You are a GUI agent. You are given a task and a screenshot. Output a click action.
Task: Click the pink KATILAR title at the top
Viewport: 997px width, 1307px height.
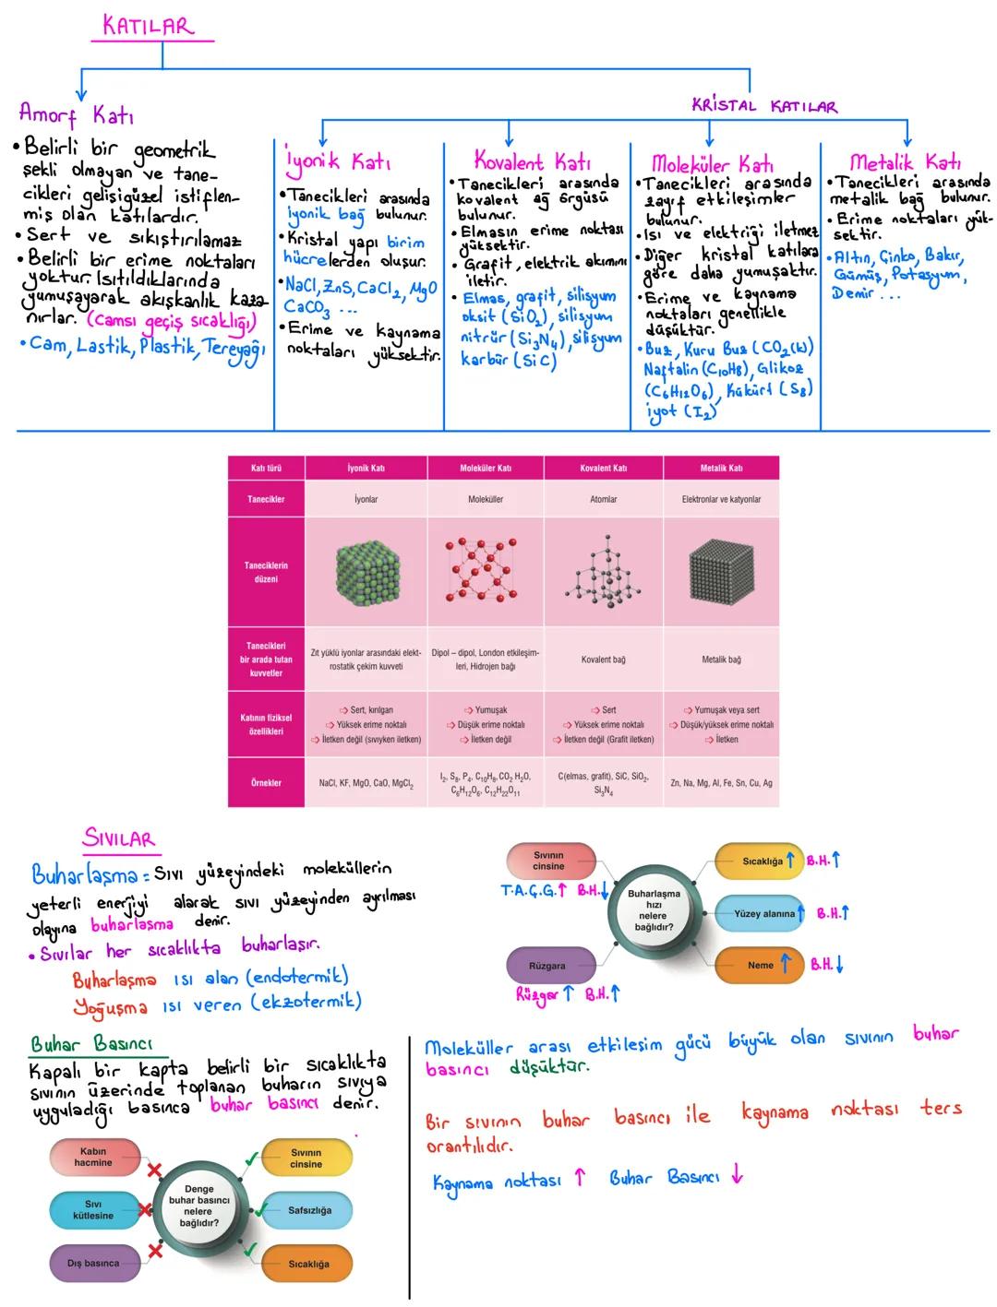149,26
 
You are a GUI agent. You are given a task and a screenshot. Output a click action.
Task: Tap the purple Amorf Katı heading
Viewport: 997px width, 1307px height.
76,115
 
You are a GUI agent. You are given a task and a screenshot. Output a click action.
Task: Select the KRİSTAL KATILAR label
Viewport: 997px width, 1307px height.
764,106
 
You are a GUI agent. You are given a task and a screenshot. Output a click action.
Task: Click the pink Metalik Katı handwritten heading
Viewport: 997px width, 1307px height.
905,162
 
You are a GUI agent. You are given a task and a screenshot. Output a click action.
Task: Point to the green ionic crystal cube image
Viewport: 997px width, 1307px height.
366,572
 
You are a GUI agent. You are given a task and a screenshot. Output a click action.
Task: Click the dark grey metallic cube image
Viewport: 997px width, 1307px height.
721,572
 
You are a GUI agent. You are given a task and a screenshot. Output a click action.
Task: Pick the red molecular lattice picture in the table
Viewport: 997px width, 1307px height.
486,572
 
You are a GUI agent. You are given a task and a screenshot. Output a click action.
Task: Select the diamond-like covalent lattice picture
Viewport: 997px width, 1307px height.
603,572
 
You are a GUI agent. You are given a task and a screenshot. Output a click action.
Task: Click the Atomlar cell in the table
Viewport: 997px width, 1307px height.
603,499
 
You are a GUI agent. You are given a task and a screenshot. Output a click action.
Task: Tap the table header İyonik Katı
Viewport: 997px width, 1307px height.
366,468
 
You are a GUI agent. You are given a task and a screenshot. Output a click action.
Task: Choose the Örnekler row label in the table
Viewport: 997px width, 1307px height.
266,782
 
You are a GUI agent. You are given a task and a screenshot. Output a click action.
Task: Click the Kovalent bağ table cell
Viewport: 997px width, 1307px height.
603,659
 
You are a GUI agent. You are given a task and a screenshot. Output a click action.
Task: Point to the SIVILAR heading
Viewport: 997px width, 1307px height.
119,838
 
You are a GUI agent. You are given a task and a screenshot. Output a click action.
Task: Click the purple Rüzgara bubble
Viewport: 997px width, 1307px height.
548,965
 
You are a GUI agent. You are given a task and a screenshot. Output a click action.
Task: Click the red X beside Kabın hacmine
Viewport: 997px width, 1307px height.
155,1170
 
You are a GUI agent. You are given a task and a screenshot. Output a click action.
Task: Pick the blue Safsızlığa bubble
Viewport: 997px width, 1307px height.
308,1210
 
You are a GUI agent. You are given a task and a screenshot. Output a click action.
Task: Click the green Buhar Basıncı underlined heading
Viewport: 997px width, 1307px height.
91,1045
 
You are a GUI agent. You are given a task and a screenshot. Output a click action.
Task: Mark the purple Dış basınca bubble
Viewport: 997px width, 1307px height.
93,1263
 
